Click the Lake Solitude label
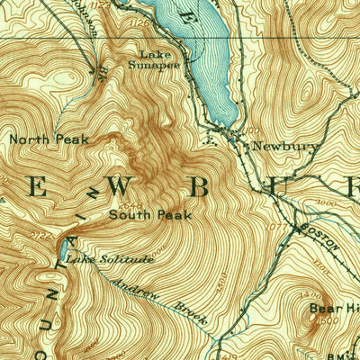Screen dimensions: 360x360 [111, 259]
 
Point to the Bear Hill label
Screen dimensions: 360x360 [334, 308]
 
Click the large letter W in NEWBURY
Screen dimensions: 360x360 [119, 186]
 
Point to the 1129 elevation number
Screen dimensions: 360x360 [84, 5]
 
